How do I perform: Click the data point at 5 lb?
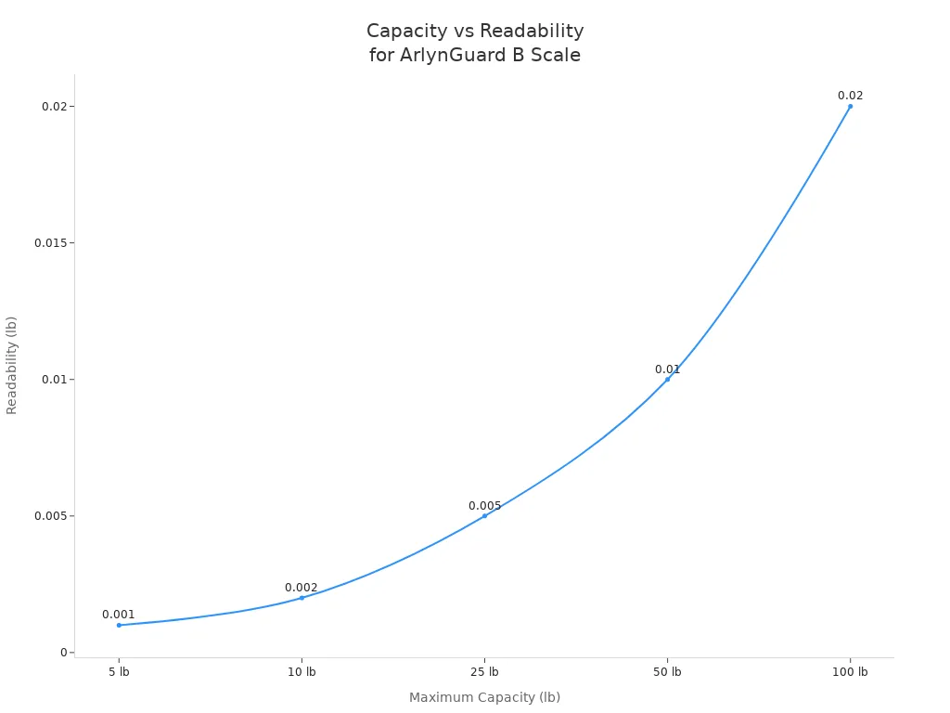click(x=119, y=625)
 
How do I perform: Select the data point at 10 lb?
click(x=302, y=598)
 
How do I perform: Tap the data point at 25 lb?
click(x=484, y=515)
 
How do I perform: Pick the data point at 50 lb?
click(x=667, y=379)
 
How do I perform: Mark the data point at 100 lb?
click(x=850, y=106)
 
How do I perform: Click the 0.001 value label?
click(x=119, y=615)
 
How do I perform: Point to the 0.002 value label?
click(x=302, y=588)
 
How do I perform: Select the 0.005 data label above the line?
click(x=484, y=506)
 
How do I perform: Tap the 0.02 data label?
click(x=850, y=96)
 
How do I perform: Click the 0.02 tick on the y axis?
click(x=55, y=107)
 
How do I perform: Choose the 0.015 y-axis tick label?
click(x=51, y=243)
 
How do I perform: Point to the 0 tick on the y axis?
click(x=64, y=653)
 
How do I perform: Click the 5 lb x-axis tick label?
click(x=119, y=672)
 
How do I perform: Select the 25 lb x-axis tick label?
click(x=484, y=672)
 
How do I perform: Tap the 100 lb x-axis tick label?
click(x=850, y=672)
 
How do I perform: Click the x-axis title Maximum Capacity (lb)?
click(x=484, y=697)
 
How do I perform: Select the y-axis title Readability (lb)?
click(x=12, y=365)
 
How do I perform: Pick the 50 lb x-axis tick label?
click(x=667, y=672)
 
